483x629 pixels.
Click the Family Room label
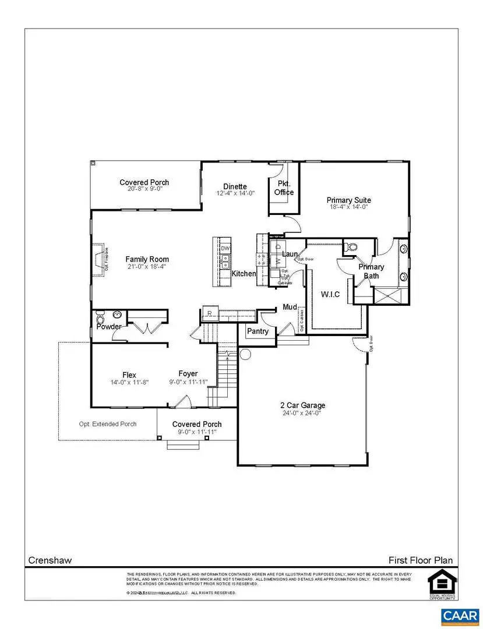click(x=147, y=259)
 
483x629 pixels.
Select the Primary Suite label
click(x=348, y=200)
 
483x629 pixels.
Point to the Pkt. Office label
click(x=284, y=188)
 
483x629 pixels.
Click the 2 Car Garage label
click(x=301, y=405)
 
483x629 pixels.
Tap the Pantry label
click(x=258, y=331)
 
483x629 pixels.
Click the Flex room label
click(x=129, y=374)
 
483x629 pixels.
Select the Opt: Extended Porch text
click(x=108, y=424)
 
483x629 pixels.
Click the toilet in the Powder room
click(x=100, y=319)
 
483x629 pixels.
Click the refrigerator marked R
click(x=209, y=314)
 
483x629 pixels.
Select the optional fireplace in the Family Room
click(x=101, y=258)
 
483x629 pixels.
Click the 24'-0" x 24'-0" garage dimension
click(x=301, y=414)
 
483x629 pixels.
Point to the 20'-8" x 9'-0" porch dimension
click(x=144, y=189)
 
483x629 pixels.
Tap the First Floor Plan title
click(x=421, y=560)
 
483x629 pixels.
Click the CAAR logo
click(x=460, y=616)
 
